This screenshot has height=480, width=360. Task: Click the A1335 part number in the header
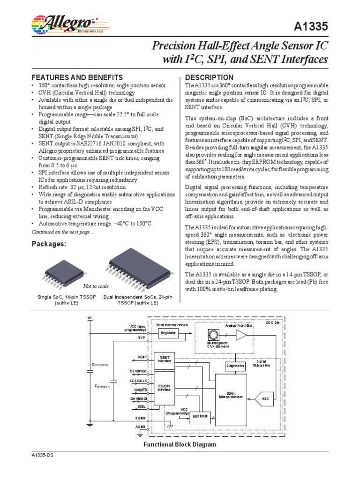coord(312,28)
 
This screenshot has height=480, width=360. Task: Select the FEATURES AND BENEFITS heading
coord(77,77)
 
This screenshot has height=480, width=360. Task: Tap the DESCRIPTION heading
coord(210,77)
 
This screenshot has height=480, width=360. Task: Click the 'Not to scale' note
coord(96,286)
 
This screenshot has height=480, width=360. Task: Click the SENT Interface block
coord(165,359)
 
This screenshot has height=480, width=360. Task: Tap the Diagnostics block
coord(235,365)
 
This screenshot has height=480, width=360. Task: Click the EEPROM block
coord(200,416)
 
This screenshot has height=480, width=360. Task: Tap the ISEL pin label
coord(142,407)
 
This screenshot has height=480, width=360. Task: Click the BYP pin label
coord(142,337)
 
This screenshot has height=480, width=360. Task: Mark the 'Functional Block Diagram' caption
coord(180,444)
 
